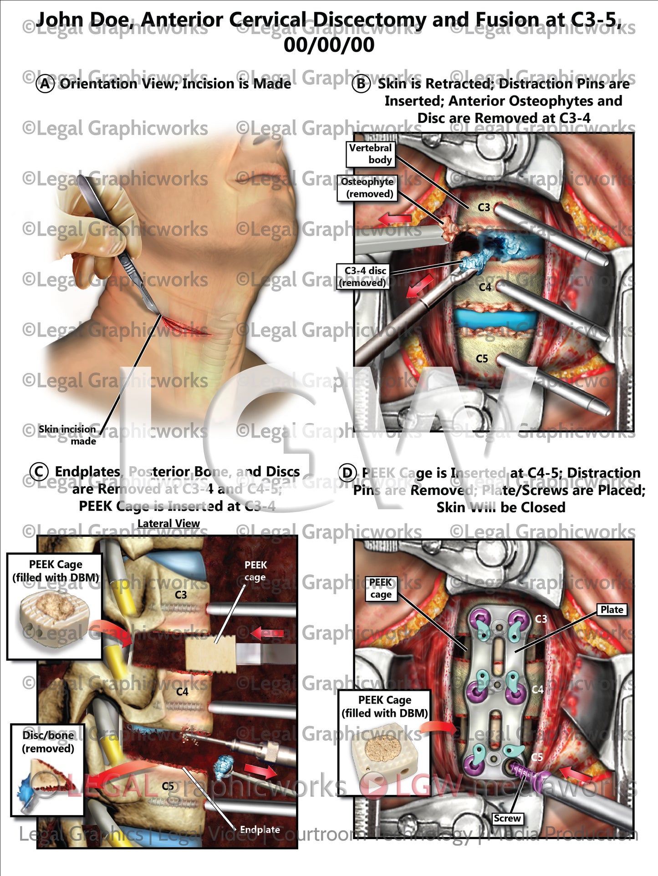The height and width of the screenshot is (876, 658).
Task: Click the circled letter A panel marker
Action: pyautogui.click(x=45, y=84)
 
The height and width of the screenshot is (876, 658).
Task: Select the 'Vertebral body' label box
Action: pyautogui.click(x=370, y=154)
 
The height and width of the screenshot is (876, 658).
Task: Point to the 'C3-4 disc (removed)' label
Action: pyautogui.click(x=363, y=277)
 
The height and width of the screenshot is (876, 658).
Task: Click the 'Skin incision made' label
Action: pyautogui.click(x=67, y=435)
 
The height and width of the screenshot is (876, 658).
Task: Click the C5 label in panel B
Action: pyautogui.click(x=482, y=359)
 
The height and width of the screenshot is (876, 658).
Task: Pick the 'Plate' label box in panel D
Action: pyautogui.click(x=612, y=609)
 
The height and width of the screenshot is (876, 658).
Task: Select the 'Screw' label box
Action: pyautogui.click(x=507, y=818)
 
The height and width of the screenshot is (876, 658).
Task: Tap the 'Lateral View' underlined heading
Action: pyautogui.click(x=168, y=524)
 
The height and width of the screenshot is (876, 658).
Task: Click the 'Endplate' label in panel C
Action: pyautogui.click(x=260, y=830)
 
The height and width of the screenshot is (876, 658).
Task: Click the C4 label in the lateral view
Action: pyautogui.click(x=182, y=692)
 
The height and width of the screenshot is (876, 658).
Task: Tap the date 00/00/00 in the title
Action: pyautogui.click(x=329, y=45)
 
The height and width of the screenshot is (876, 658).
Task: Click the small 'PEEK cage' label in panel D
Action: pyautogui.click(x=381, y=589)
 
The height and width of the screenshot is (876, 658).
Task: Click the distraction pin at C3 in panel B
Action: pyautogui.click(x=551, y=234)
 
